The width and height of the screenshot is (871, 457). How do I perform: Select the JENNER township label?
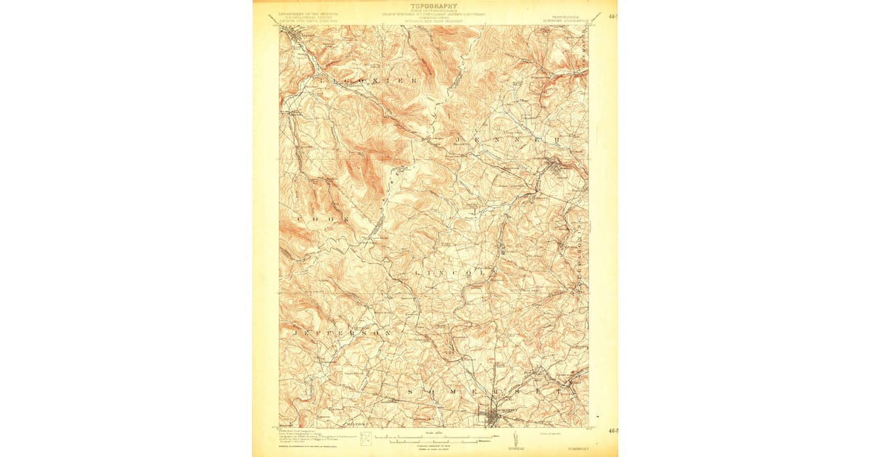(507, 138)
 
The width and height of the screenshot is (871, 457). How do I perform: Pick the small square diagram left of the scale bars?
(367, 437)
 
